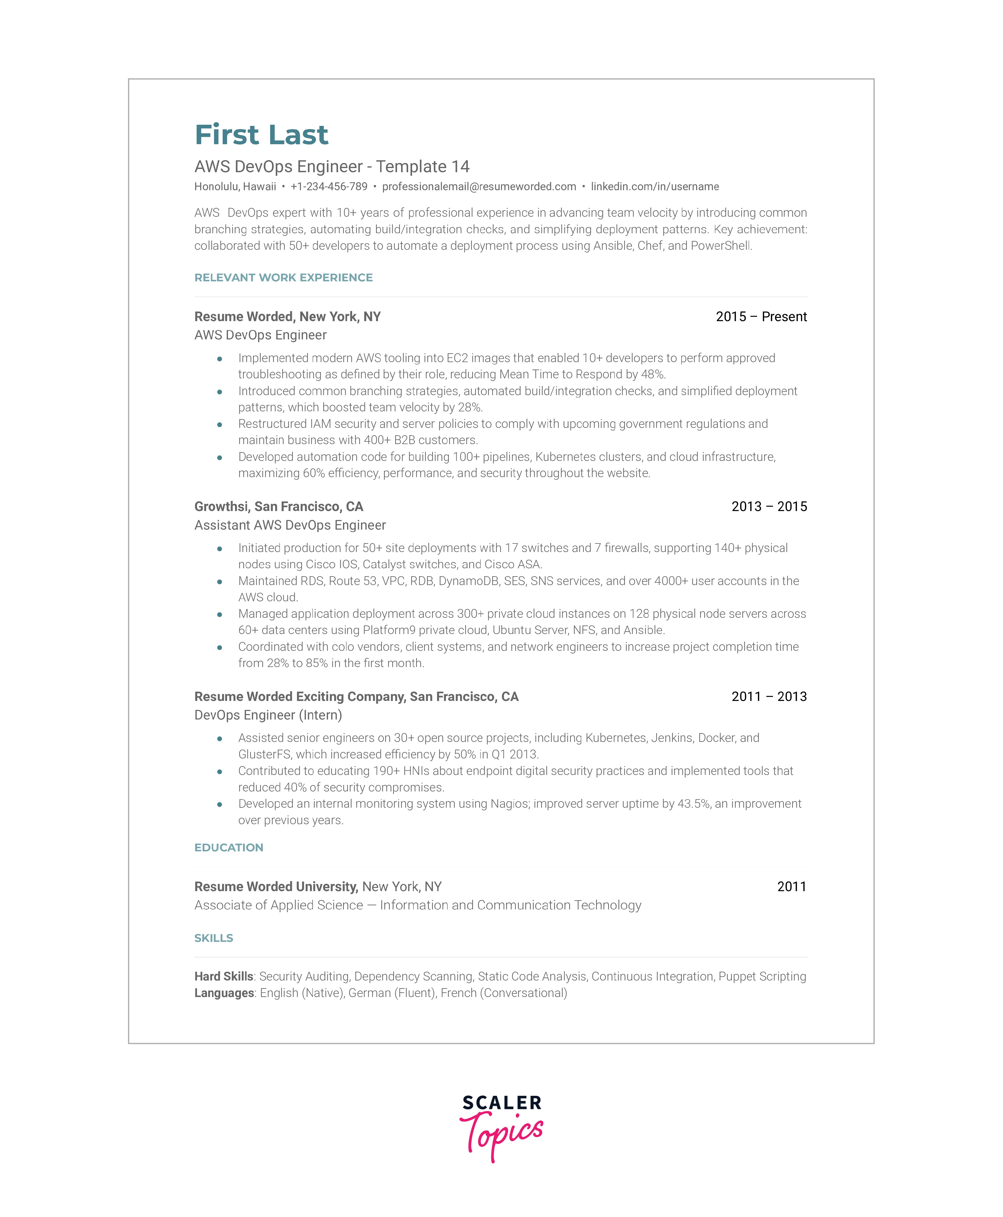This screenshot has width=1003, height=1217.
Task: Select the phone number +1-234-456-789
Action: coord(329,187)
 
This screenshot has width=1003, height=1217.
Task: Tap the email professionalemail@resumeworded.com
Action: coord(479,187)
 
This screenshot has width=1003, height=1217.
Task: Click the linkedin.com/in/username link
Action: coord(655,187)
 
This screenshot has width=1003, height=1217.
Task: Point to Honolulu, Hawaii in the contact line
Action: coord(235,187)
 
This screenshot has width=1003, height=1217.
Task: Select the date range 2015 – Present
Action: coord(761,316)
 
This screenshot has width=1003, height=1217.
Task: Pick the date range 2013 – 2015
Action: coord(769,507)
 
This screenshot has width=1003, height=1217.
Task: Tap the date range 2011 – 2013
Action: coord(769,697)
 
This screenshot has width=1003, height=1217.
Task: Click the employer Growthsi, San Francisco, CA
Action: coord(278,507)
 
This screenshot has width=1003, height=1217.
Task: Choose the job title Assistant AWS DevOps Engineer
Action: coord(290,525)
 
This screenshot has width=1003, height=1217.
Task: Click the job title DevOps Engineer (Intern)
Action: coord(268,715)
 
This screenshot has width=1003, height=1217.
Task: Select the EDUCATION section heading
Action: coord(229,847)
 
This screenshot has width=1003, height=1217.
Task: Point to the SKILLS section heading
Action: coord(214,938)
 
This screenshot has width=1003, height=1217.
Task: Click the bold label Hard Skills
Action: coord(224,976)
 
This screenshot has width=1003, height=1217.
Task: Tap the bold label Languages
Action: coord(224,993)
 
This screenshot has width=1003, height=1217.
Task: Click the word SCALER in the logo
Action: coord(501,1103)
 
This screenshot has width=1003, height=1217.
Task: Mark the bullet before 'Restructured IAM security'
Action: coord(219,425)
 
